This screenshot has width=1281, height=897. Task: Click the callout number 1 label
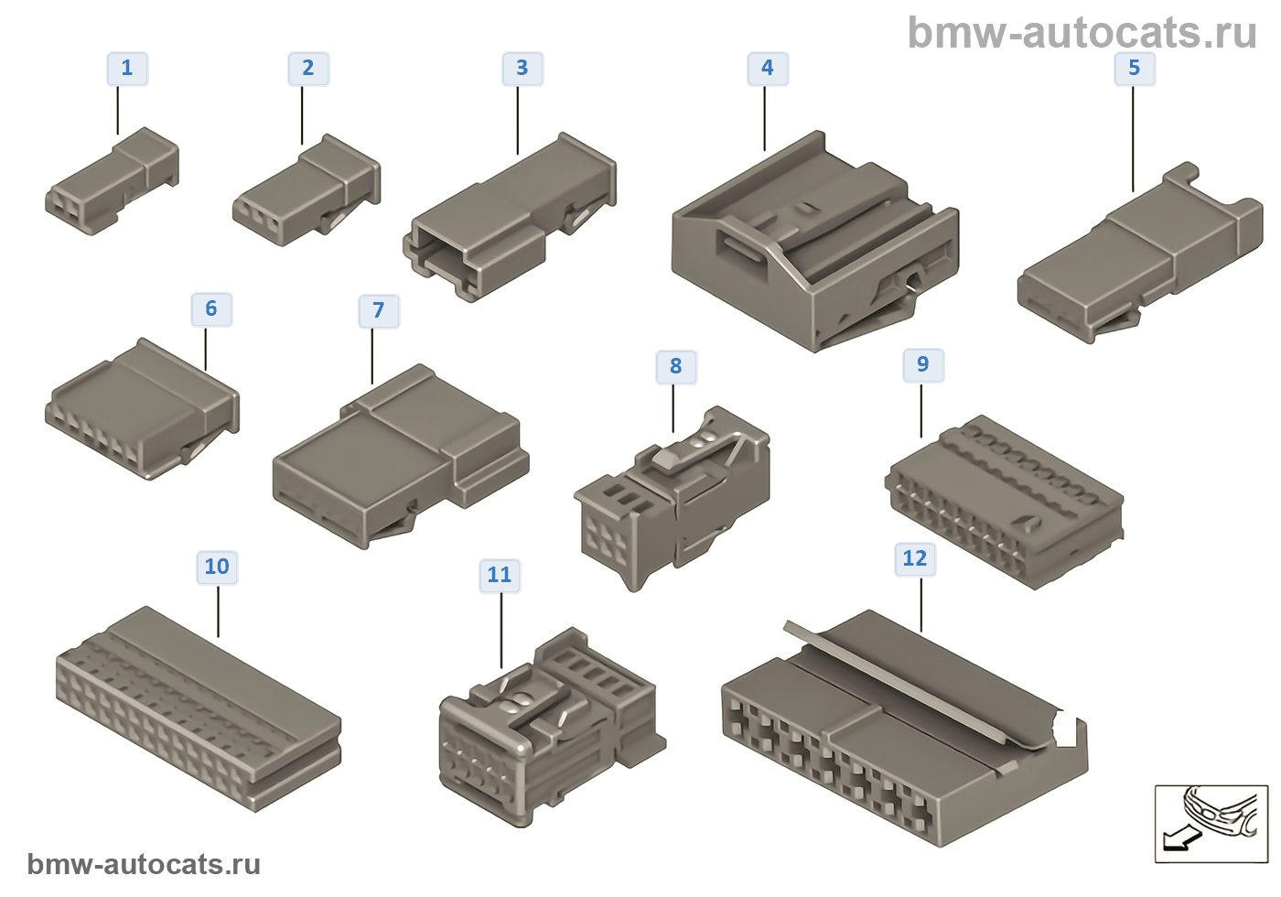pyautogui.click(x=127, y=69)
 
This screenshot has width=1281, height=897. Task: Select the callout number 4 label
pyautogui.click(x=768, y=69)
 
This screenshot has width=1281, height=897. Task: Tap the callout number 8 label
pyautogui.click(x=676, y=367)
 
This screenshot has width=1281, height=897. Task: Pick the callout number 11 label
pyautogui.click(x=500, y=576)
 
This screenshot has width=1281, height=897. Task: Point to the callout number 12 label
pyautogui.click(x=915, y=559)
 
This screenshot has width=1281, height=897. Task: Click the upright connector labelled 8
pyautogui.click(x=673, y=499)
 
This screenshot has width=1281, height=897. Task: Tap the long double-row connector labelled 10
pyautogui.click(x=198, y=708)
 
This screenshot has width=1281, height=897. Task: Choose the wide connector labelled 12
pyautogui.click(x=901, y=728)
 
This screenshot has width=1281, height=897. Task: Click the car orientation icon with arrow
pyautogui.click(x=1211, y=823)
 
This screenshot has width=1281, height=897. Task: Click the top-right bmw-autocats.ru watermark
pyautogui.click(x=1082, y=33)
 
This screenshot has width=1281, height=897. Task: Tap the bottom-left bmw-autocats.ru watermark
pyautogui.click(x=144, y=864)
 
